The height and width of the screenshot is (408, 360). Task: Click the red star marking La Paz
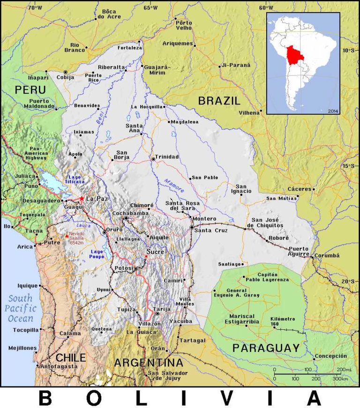[82, 199]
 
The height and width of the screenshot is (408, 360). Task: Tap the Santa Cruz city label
[211, 230]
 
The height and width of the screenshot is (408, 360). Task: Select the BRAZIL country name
[219, 100]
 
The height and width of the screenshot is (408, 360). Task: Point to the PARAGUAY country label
[266, 348]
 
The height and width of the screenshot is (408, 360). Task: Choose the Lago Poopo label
[97, 254]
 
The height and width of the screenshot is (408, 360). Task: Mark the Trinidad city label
[167, 156]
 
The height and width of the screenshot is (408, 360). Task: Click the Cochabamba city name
[131, 213]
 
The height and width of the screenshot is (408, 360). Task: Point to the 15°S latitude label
[349, 166]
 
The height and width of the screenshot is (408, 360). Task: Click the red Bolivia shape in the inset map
[294, 56]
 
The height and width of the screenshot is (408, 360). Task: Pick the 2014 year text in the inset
[333, 111]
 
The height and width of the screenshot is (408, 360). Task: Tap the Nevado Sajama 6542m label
[76, 238]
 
